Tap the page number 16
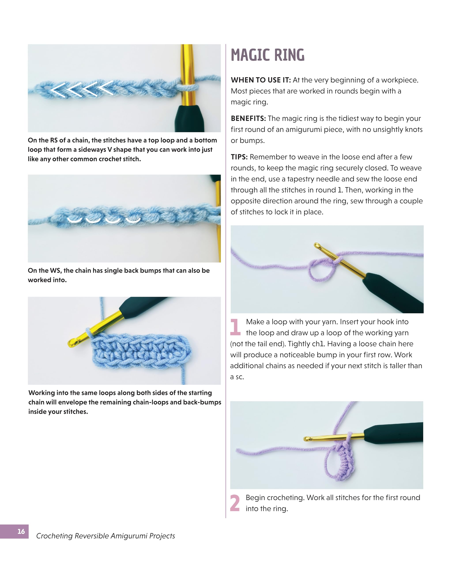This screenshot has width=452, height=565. [x=21, y=531]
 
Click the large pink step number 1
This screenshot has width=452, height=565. [x=235, y=327]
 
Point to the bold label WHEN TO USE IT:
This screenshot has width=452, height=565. [x=260, y=80]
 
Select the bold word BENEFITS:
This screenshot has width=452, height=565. [x=248, y=119]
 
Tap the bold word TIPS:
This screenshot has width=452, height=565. [x=239, y=157]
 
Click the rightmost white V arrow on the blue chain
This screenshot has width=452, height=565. [x=106, y=88]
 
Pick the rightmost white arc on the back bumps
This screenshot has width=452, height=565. [x=133, y=220]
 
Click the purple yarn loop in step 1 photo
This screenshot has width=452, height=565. [x=322, y=271]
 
